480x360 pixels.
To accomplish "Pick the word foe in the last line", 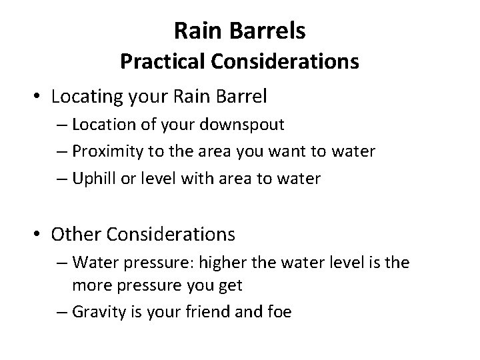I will point(279,311).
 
